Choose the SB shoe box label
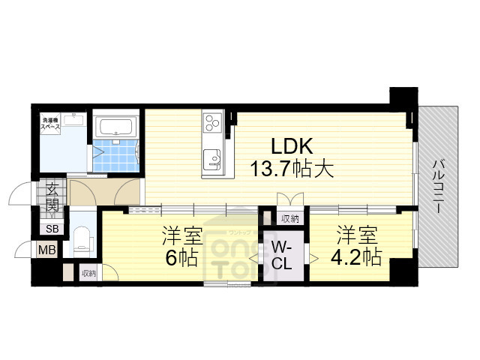coord(52,229)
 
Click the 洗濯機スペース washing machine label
coord(52,124)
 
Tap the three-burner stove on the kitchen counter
coord(211,121)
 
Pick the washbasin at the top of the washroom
coord(73,118)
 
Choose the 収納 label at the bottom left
coord(88,274)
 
